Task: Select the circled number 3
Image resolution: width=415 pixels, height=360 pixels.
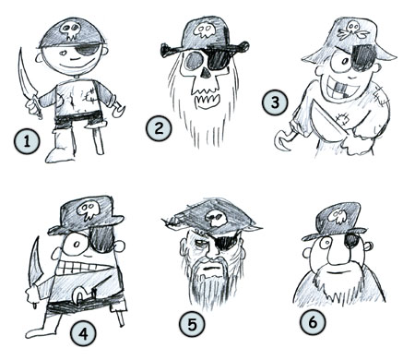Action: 273,103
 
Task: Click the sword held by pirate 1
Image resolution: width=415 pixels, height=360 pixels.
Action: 24,78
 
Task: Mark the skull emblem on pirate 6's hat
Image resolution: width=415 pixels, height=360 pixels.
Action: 338,217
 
